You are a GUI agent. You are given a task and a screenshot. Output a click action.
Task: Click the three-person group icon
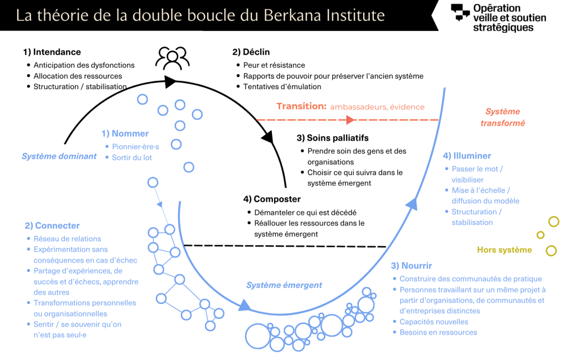[x=172, y=58]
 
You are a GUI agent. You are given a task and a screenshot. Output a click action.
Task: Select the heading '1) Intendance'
[x=52, y=52]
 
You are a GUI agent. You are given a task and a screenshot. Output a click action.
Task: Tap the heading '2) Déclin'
[x=251, y=52]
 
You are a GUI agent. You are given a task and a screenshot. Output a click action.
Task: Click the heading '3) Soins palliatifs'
[x=332, y=138]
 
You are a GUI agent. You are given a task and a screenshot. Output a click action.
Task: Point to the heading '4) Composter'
[x=272, y=199]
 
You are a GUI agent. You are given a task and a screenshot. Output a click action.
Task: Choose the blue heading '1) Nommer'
[x=125, y=133]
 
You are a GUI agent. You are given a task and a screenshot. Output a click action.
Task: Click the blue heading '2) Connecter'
[x=52, y=226]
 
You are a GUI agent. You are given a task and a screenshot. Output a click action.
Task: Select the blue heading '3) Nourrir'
[x=411, y=266]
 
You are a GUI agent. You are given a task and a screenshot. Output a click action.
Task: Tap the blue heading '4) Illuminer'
[x=467, y=156]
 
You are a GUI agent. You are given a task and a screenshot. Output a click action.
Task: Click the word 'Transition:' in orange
[x=301, y=106]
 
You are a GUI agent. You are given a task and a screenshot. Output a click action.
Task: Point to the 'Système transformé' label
[x=503, y=117]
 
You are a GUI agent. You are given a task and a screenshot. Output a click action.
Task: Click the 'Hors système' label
[x=504, y=250]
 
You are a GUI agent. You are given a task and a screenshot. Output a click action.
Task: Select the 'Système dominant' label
[x=59, y=156]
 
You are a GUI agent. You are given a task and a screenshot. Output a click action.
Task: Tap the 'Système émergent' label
[x=284, y=285]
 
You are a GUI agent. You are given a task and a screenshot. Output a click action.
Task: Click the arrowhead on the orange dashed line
[x=349, y=120]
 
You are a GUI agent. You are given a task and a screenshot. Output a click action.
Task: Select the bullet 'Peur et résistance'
[x=274, y=65]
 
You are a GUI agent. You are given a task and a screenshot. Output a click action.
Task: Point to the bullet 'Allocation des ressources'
[x=78, y=76]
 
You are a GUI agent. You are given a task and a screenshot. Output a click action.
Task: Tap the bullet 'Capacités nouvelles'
[x=434, y=322]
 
